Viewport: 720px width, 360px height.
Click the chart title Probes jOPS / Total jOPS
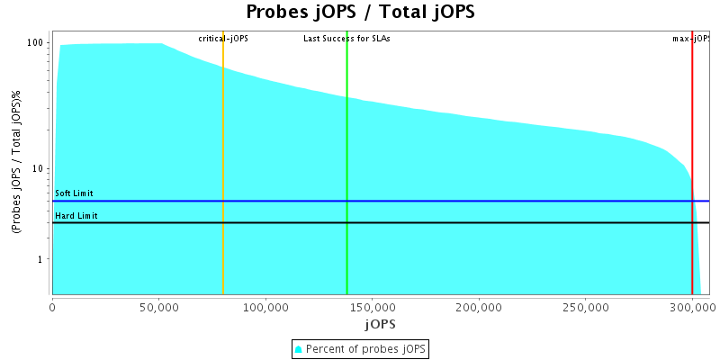[360, 13]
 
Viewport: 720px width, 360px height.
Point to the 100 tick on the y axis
[37, 43]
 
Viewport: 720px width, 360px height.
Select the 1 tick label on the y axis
[42, 259]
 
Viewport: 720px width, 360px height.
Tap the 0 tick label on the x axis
[52, 306]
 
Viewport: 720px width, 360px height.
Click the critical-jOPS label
[223, 39]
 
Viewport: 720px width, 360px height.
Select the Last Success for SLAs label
[346, 39]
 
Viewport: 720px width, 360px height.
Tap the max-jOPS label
[692, 39]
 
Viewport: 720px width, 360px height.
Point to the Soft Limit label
[74, 193]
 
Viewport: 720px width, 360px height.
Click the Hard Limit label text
[76, 216]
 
